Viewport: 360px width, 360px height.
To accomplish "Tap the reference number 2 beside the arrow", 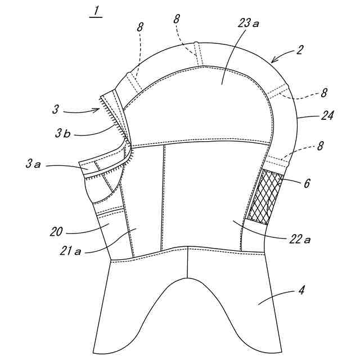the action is point(300,49).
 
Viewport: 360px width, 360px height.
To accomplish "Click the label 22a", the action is point(299,239).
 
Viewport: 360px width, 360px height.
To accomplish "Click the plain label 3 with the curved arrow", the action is point(56,109).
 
